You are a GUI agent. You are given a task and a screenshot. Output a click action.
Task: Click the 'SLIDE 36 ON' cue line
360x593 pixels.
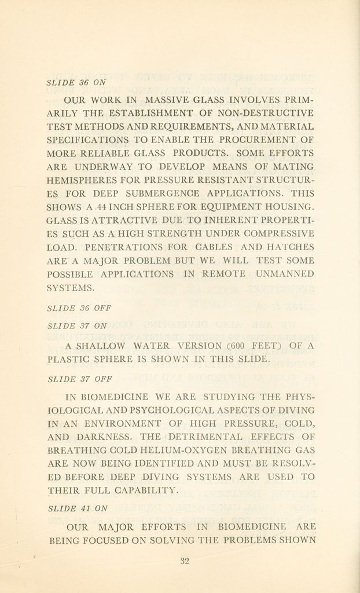click(76, 82)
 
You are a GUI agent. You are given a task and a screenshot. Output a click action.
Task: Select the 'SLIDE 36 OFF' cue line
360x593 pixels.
click(78, 308)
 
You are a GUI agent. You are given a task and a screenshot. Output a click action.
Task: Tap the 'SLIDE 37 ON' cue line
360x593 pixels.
click(76, 326)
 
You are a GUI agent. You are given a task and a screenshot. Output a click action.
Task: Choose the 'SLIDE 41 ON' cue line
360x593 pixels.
click(77, 508)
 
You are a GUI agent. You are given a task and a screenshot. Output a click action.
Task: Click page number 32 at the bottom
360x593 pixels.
click(185, 561)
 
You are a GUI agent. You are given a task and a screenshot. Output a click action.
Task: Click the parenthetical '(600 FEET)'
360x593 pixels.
click(254, 346)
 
